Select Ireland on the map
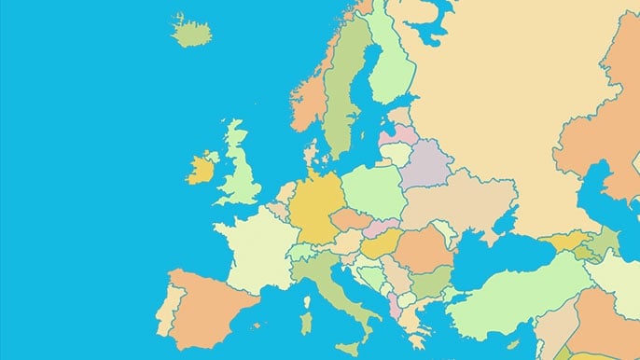pos(201,170)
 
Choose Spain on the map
pos(210,303)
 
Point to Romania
pos(424,249)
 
